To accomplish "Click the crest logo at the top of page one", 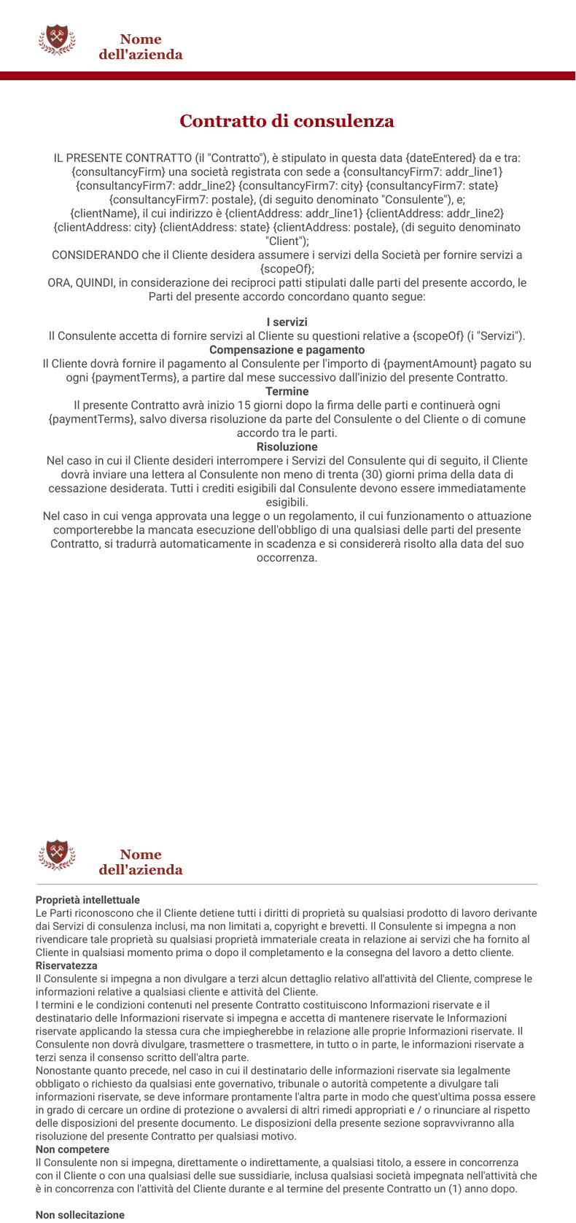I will coord(57,39).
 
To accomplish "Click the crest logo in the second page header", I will coord(57,855).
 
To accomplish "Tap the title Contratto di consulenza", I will coord(287,121).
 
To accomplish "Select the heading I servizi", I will coord(287,322).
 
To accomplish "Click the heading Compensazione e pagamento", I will coord(287,349).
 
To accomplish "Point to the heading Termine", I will coord(287,391).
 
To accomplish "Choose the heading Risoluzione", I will coord(287,446).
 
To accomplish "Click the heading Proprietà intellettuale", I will coord(87,900).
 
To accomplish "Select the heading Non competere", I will coord(72,1149).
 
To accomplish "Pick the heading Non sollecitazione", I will coord(80,1215).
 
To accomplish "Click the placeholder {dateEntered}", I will coord(440,158).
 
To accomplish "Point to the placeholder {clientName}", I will coord(104,213).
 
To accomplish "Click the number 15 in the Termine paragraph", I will coord(245,405).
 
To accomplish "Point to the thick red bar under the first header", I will coord(287,76).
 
